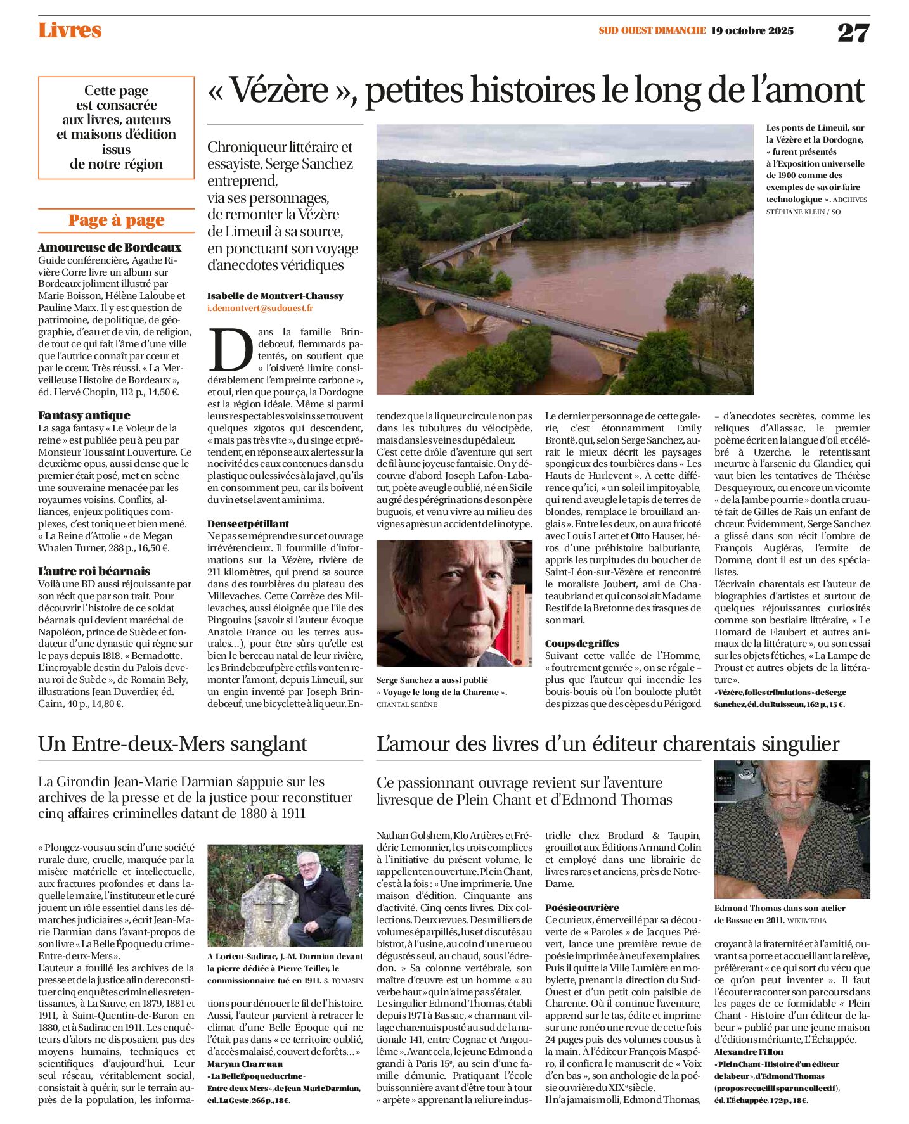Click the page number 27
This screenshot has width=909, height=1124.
click(x=853, y=32)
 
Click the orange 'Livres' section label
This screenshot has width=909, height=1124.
click(x=70, y=30)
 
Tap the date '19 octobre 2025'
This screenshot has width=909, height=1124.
click(x=752, y=30)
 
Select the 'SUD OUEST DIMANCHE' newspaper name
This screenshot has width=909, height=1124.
click(x=652, y=30)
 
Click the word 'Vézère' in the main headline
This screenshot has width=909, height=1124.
click(x=279, y=90)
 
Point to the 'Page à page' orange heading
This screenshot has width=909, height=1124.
click(x=116, y=220)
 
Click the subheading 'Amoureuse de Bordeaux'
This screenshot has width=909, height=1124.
click(x=110, y=248)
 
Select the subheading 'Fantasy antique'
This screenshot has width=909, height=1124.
click(x=84, y=416)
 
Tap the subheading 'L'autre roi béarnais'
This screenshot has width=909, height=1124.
click(x=94, y=572)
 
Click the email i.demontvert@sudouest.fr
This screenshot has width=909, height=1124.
click(x=260, y=308)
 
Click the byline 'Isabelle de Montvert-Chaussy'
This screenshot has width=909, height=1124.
click(x=275, y=296)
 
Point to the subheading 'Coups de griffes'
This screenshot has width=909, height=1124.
click(x=582, y=644)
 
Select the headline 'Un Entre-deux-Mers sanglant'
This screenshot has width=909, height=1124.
click(x=172, y=744)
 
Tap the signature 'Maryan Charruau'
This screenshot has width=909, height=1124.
click(x=245, y=1064)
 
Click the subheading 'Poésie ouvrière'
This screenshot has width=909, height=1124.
click(x=582, y=908)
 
